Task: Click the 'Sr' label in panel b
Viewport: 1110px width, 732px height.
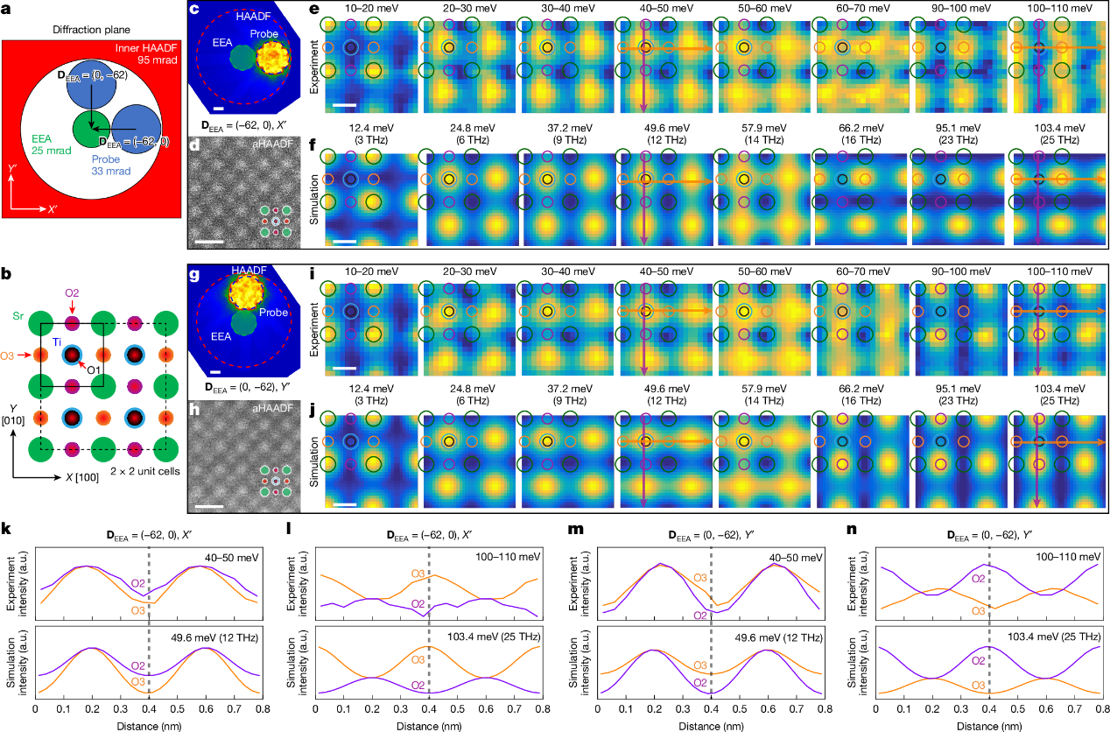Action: coord(17,312)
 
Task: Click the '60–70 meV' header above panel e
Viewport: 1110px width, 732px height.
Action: coord(841,8)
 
